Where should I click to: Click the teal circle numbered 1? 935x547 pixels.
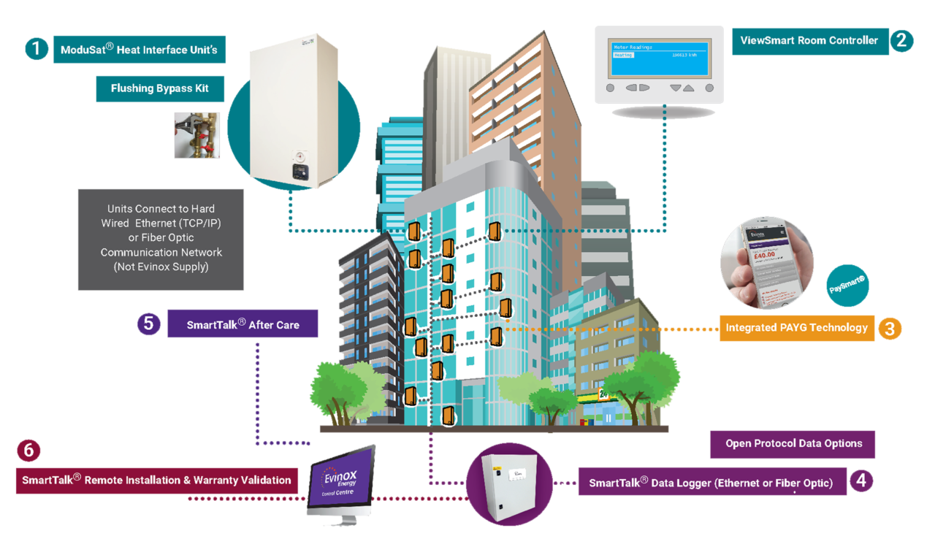tap(35, 49)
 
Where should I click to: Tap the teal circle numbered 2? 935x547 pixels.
tap(901, 41)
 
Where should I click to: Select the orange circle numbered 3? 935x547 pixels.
tap(889, 328)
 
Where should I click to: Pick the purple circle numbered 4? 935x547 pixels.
tap(862, 481)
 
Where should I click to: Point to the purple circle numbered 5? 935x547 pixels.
tap(148, 323)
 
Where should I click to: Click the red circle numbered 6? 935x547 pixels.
tap(28, 451)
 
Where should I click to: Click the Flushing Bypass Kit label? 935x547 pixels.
tap(159, 88)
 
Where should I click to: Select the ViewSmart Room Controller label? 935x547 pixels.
tap(809, 41)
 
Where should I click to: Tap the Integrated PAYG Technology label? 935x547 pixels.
tap(796, 328)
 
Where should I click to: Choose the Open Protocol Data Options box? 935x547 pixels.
tap(793, 443)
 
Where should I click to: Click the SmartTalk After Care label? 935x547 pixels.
tap(243, 324)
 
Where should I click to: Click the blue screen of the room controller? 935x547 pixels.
tap(660, 58)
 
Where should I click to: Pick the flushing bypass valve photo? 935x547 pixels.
tap(196, 135)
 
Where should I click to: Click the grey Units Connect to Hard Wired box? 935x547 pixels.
tap(161, 238)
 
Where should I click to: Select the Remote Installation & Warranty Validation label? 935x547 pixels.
tap(156, 480)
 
